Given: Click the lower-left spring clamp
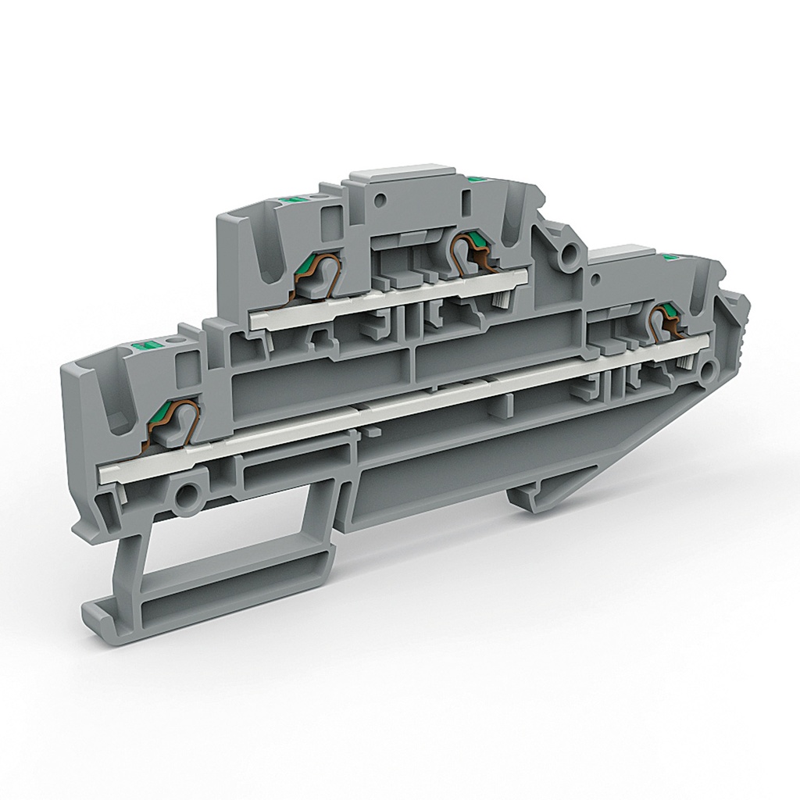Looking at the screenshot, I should coord(173,426).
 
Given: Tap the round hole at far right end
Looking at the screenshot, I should coord(707,370).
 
